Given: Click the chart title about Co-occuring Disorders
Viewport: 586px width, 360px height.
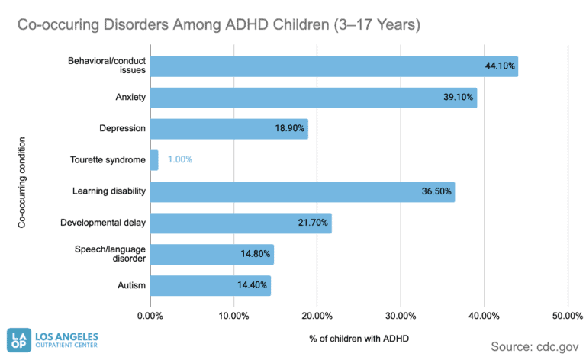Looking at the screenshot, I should (219, 24).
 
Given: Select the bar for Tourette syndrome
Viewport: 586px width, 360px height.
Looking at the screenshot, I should (154, 160).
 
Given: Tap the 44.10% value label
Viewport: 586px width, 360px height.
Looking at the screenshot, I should (501, 66).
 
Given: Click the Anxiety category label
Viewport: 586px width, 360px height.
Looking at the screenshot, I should (130, 98).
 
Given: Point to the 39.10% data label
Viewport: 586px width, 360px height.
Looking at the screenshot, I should (459, 98).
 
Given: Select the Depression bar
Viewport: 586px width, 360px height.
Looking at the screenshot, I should (229, 129).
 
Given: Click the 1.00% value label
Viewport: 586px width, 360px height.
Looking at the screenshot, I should (180, 160).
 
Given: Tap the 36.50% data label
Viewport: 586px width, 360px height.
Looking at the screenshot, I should (436, 191).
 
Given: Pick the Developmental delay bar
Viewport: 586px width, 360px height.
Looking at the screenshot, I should (240, 223).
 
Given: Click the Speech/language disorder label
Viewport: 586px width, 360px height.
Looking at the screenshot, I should (110, 254).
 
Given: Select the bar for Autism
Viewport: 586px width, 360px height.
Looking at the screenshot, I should (210, 285).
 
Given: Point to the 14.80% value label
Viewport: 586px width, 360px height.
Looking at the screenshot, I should (255, 254).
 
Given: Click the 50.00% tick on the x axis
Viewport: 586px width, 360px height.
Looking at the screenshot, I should (567, 315).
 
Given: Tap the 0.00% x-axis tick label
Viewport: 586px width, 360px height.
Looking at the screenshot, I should (150, 315).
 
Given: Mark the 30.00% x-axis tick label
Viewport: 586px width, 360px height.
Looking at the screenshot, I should (400, 315).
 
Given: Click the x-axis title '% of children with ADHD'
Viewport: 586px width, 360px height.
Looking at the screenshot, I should (359, 338).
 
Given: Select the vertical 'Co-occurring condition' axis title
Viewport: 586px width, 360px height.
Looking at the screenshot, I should (22, 182).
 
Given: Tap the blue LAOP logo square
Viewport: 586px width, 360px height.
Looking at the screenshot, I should (19, 339).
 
